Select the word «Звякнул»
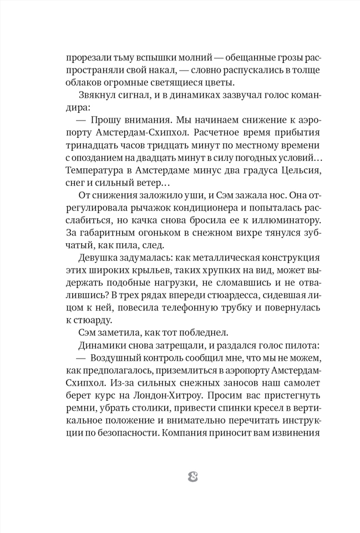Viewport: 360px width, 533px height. pos(97,95)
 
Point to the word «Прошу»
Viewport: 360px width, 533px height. pos(105,120)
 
